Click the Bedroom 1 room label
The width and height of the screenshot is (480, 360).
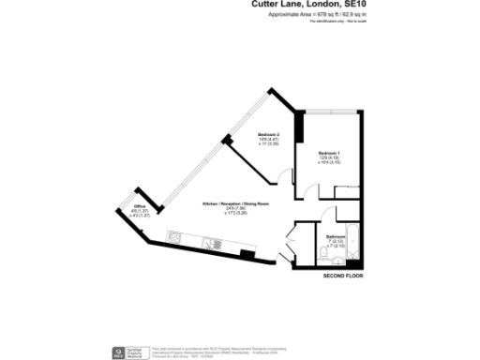coord(328,152)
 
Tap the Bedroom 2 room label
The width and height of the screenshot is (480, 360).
coord(269,135)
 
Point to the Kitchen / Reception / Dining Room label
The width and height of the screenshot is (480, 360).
coord(235,203)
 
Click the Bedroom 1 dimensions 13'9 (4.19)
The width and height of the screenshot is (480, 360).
coord(328,157)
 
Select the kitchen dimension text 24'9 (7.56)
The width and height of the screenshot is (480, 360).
coord(235,209)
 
